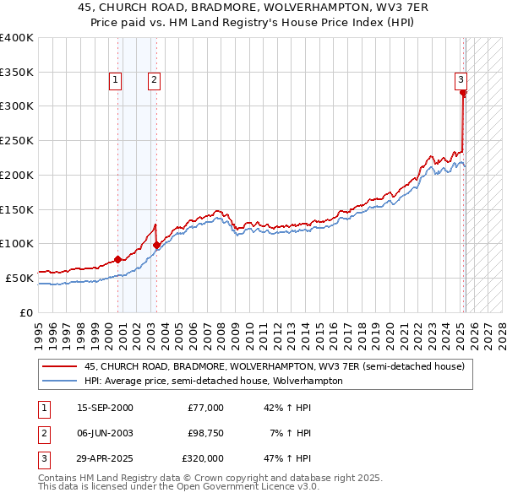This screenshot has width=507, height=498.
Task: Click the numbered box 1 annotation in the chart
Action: point(114,81)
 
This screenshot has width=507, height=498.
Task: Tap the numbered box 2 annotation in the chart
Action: point(155,81)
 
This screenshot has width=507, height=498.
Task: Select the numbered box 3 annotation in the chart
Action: point(461,80)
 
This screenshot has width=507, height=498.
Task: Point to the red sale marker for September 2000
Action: point(118,259)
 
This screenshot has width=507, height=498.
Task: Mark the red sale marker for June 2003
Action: point(157,245)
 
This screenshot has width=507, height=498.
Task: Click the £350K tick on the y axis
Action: point(16,72)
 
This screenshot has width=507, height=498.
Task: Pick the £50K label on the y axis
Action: point(19,278)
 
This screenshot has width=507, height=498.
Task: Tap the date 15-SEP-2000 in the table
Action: point(105,408)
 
